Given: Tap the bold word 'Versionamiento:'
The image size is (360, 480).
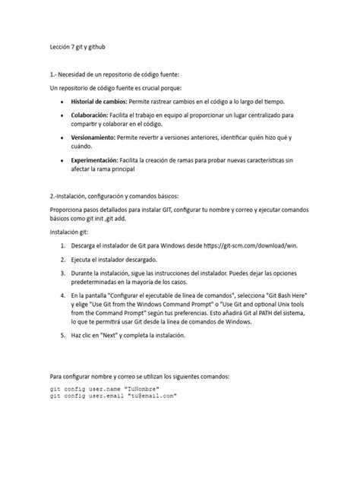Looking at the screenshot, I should point(94,138).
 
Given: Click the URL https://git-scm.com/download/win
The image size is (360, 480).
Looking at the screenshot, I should point(264,247).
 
